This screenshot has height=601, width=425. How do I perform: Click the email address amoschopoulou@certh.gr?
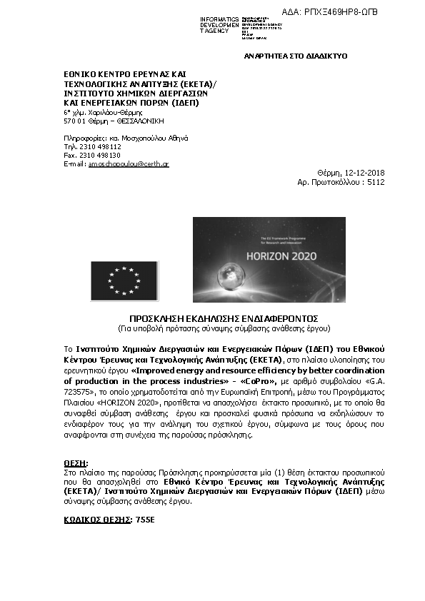[x=128, y=164]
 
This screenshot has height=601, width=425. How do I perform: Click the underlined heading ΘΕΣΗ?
[x=76, y=464]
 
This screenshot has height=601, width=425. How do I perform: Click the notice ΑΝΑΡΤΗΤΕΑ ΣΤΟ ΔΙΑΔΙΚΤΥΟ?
[x=296, y=56]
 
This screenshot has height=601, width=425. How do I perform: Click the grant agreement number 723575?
[x=79, y=392]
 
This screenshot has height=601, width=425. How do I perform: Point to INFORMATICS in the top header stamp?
[x=219, y=19]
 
